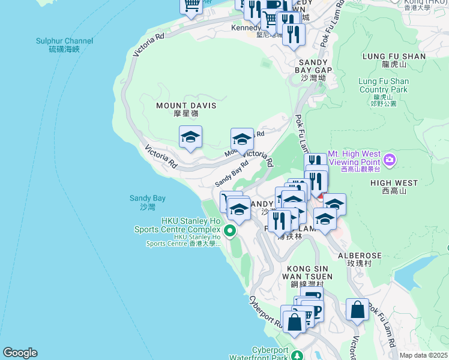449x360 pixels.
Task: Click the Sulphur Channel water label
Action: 64,45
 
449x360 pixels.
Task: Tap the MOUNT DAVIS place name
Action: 185,109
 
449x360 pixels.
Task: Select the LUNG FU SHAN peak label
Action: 394,60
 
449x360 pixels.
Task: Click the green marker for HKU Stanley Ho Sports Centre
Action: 229,230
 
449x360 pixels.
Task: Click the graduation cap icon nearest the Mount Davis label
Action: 190,137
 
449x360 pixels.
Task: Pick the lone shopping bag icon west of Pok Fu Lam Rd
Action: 357,310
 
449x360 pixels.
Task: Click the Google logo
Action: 20,353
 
